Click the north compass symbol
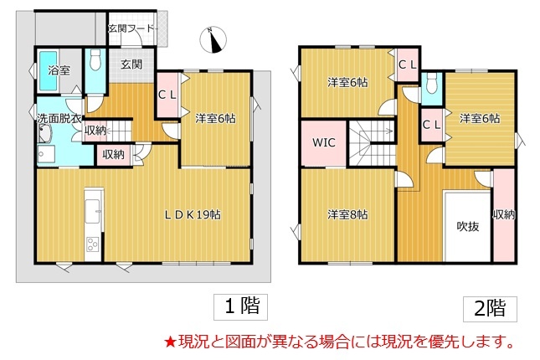click(213, 40)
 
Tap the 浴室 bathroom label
click(59, 70)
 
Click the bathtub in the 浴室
click(49, 71)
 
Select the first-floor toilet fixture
click(95, 60)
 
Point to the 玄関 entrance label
click(131, 64)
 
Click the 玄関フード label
click(131, 28)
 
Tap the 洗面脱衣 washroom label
click(59, 119)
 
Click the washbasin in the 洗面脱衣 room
click(45, 134)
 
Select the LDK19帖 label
click(193, 214)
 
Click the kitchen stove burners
click(93, 244)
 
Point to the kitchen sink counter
click(93, 212)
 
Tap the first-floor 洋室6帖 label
click(215, 119)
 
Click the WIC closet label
click(323, 142)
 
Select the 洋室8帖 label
click(347, 214)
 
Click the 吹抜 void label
click(468, 226)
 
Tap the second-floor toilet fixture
click(431, 82)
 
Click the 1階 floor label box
click(241, 307)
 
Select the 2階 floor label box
click(490, 308)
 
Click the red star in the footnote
click(171, 342)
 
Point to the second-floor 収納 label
click(504, 214)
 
